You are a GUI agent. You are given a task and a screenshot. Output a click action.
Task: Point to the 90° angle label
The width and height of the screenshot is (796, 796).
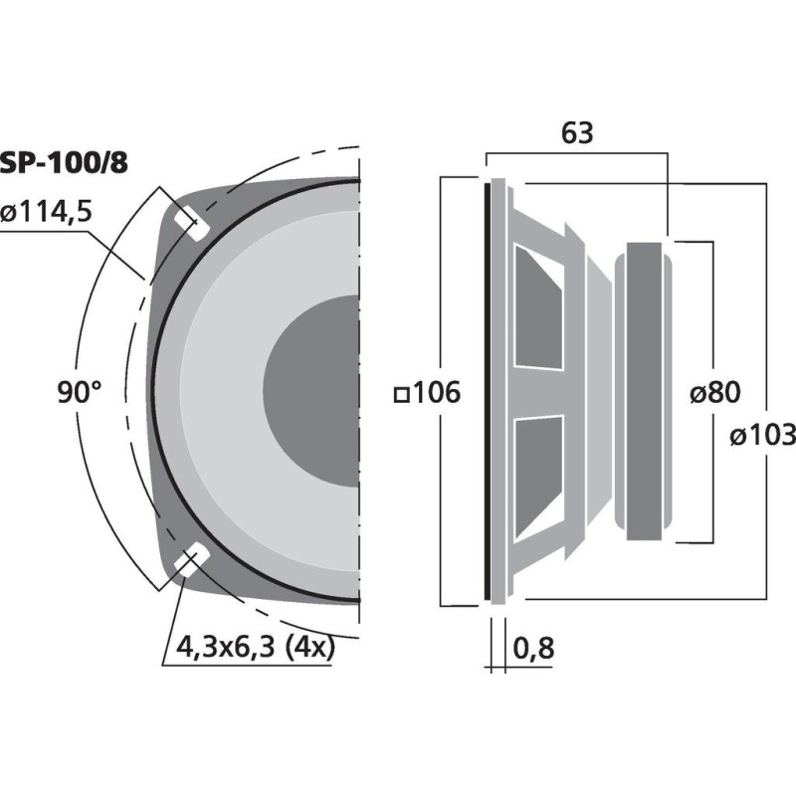pyautogui.click(x=79, y=393)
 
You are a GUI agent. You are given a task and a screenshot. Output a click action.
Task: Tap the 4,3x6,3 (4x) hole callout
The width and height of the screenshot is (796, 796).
pyautogui.click(x=254, y=648)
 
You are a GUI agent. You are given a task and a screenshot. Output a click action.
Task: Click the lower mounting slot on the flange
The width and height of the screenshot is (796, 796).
pyautogui.click(x=189, y=564)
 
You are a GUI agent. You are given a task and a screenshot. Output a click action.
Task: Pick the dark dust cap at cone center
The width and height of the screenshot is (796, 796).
pyautogui.click(x=313, y=393)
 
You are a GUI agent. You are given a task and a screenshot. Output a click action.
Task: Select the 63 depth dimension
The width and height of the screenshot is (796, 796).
pyautogui.click(x=577, y=132)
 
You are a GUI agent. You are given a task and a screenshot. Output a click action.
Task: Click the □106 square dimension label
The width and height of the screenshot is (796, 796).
pyautogui.click(x=428, y=393)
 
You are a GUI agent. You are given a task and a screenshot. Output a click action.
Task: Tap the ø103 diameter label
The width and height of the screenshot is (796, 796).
pyautogui.click(x=761, y=435)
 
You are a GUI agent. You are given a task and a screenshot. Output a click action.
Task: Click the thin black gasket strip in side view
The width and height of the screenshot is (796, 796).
pyautogui.click(x=489, y=390)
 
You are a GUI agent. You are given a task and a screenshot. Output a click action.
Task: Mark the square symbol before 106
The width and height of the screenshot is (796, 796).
pyautogui.click(x=402, y=394)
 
